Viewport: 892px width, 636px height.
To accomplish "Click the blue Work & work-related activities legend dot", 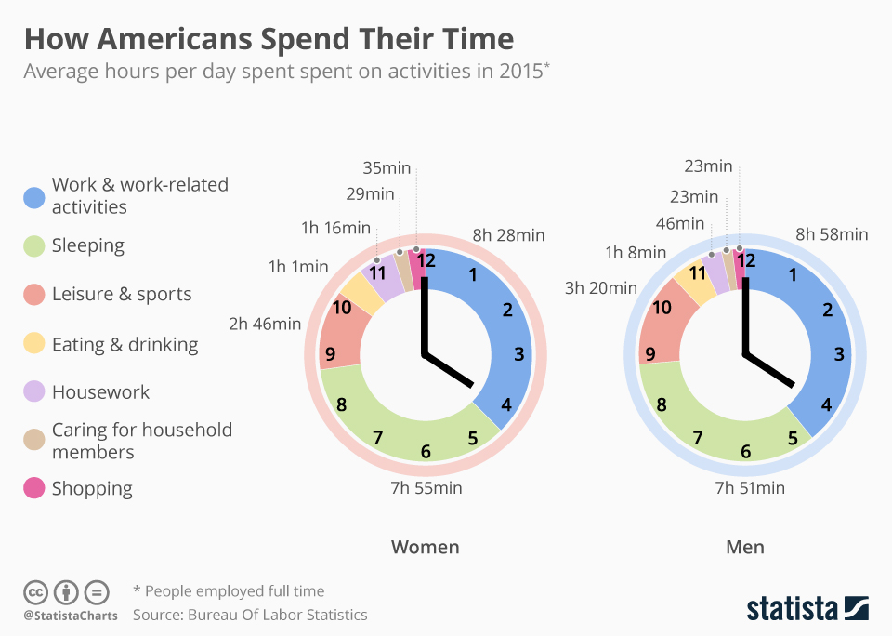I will (33, 196).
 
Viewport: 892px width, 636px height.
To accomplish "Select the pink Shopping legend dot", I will (33, 488).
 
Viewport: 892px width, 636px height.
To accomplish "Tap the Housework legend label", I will (100, 391).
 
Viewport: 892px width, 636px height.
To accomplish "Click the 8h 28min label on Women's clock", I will (508, 235).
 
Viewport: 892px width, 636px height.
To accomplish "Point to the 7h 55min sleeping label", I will (426, 487).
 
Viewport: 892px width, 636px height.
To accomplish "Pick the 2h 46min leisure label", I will (265, 324).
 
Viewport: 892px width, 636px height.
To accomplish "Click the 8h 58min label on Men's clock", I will (832, 234).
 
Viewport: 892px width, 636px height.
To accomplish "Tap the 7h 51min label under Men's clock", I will (749, 487).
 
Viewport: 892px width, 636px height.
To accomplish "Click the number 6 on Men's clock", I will (745, 452).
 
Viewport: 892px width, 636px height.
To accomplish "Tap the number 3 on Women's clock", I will (518, 353).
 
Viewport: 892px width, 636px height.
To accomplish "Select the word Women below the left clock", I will (425, 547).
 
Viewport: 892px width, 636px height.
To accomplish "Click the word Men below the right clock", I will (745, 547).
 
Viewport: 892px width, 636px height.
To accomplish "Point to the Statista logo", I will (807, 609).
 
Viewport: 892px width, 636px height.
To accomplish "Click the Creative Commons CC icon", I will (36, 591).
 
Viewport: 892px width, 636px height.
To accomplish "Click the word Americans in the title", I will (174, 39).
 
